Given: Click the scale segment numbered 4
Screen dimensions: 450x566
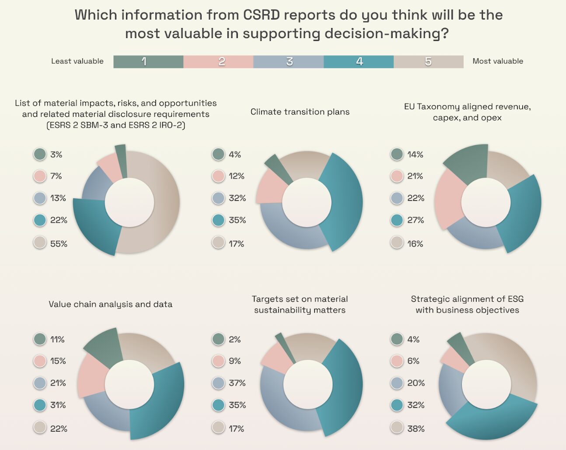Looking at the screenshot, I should coord(359,62).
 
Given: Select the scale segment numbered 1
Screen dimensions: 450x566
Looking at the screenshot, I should coord(148,62).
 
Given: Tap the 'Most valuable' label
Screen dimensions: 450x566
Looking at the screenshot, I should coord(497,61).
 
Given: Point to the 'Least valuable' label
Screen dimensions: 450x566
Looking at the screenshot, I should coord(77,61).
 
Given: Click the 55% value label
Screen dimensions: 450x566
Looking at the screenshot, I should coord(59,244).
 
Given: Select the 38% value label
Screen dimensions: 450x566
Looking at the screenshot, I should coord(416,429).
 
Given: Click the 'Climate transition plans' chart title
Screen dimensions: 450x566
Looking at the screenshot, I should coord(300,112).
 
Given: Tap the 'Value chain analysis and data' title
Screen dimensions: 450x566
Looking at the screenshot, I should coord(110,304).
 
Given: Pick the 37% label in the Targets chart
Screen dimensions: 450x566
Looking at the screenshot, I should coord(237,383).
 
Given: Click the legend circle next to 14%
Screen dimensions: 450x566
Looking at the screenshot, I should coord(397,154).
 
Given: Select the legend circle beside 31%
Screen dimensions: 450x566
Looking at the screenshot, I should coord(40,405).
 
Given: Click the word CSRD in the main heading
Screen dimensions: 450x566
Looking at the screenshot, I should coord(262,15).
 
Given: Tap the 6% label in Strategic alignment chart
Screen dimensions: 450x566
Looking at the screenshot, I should coord(413,361).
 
